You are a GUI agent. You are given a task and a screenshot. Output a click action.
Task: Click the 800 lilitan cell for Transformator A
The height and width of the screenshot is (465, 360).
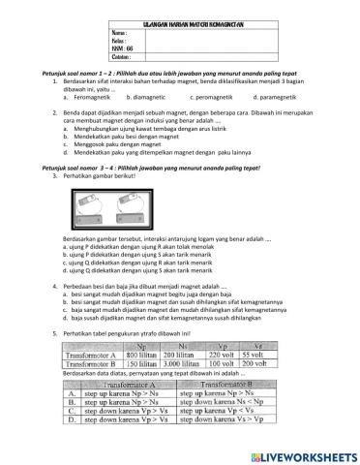click(x=152, y=355)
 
